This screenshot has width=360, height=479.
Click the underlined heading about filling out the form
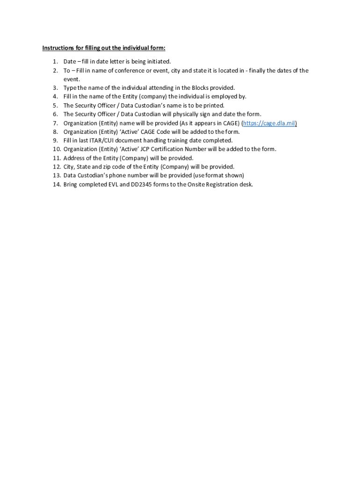(x=104, y=48)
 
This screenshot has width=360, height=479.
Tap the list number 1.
(x=55, y=61)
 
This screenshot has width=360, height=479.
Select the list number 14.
(x=56, y=184)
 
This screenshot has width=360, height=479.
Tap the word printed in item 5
(x=214, y=105)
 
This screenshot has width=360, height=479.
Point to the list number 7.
(x=55, y=123)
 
